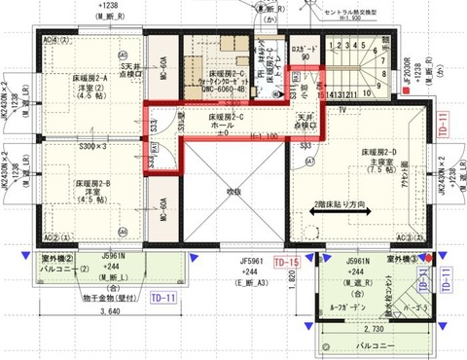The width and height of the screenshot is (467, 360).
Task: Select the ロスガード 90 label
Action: [x=302, y=50]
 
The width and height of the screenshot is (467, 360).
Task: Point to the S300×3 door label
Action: [x=93, y=145]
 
